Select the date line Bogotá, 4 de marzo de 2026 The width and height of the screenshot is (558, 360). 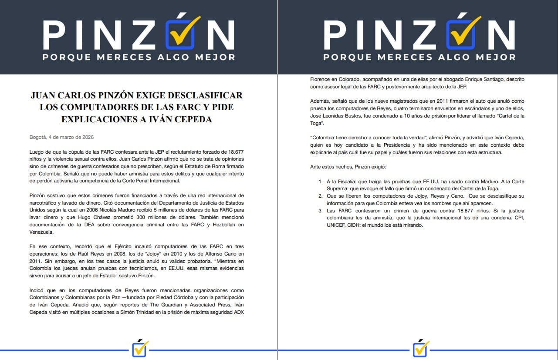click(62, 137)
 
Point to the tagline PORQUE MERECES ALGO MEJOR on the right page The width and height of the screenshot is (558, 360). click(419, 57)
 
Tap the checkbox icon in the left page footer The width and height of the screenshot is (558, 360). click(140, 348)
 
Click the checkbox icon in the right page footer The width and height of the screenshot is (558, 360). click(421, 348)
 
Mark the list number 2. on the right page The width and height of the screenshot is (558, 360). click(321, 195)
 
